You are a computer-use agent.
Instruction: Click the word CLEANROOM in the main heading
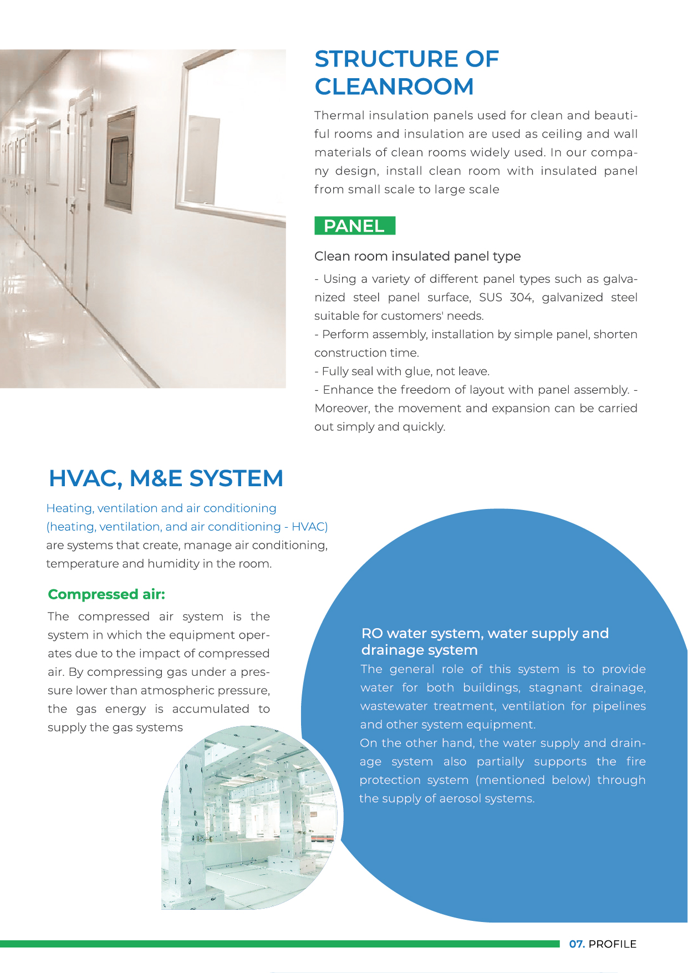pos(394,86)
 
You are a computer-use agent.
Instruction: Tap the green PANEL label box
pos(355,226)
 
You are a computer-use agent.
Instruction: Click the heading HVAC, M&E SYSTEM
pos(166,478)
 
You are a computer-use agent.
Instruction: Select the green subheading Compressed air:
pos(106,594)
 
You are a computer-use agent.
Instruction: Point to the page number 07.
pos(577,944)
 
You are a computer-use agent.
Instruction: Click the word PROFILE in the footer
pos(612,944)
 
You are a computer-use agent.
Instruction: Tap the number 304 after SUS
pos(521,297)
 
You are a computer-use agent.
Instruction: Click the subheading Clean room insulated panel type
pos(417,256)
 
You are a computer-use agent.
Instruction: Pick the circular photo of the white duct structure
pos(249,818)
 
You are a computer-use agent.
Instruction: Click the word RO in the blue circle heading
pos(371,633)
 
